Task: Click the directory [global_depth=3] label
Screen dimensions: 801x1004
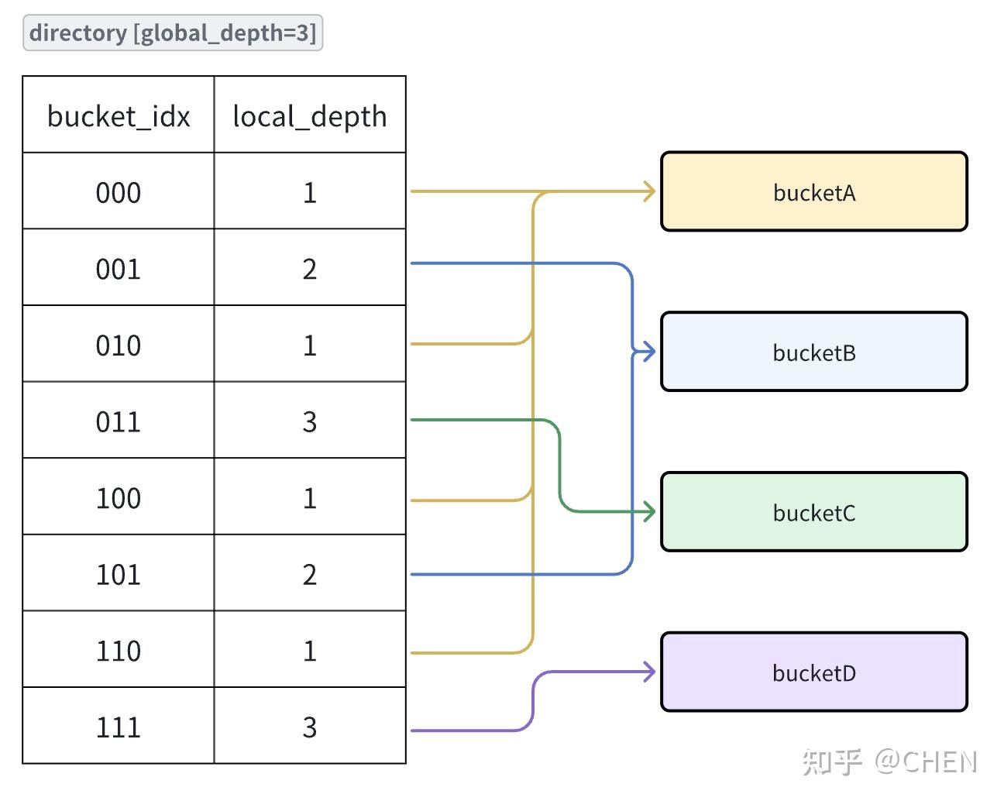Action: (173, 33)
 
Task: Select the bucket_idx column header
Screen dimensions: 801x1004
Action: (119, 115)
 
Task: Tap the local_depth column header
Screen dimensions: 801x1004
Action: (310, 115)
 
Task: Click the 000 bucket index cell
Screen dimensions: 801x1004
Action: (119, 191)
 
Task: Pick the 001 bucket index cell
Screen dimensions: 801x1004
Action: (119, 268)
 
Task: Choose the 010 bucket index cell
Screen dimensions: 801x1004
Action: (119, 344)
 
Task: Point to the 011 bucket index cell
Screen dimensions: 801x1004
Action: (119, 421)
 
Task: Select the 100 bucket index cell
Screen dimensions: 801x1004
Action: (119, 497)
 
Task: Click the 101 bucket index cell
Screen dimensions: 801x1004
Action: (119, 573)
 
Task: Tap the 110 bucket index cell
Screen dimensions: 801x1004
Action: (119, 650)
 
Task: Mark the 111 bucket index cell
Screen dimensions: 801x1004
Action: (119, 726)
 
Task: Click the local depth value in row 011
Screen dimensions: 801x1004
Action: (310, 421)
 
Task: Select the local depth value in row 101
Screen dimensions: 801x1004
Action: (310, 573)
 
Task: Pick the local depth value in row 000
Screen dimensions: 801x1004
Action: (310, 191)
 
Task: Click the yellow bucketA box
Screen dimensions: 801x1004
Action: (813, 191)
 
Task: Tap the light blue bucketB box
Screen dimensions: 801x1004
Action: (813, 352)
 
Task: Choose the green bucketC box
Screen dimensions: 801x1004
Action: (813, 512)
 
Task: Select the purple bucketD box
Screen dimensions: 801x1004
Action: (813, 672)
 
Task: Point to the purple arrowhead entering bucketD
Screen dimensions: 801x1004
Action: (649, 672)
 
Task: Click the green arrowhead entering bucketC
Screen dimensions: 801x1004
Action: (649, 511)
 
